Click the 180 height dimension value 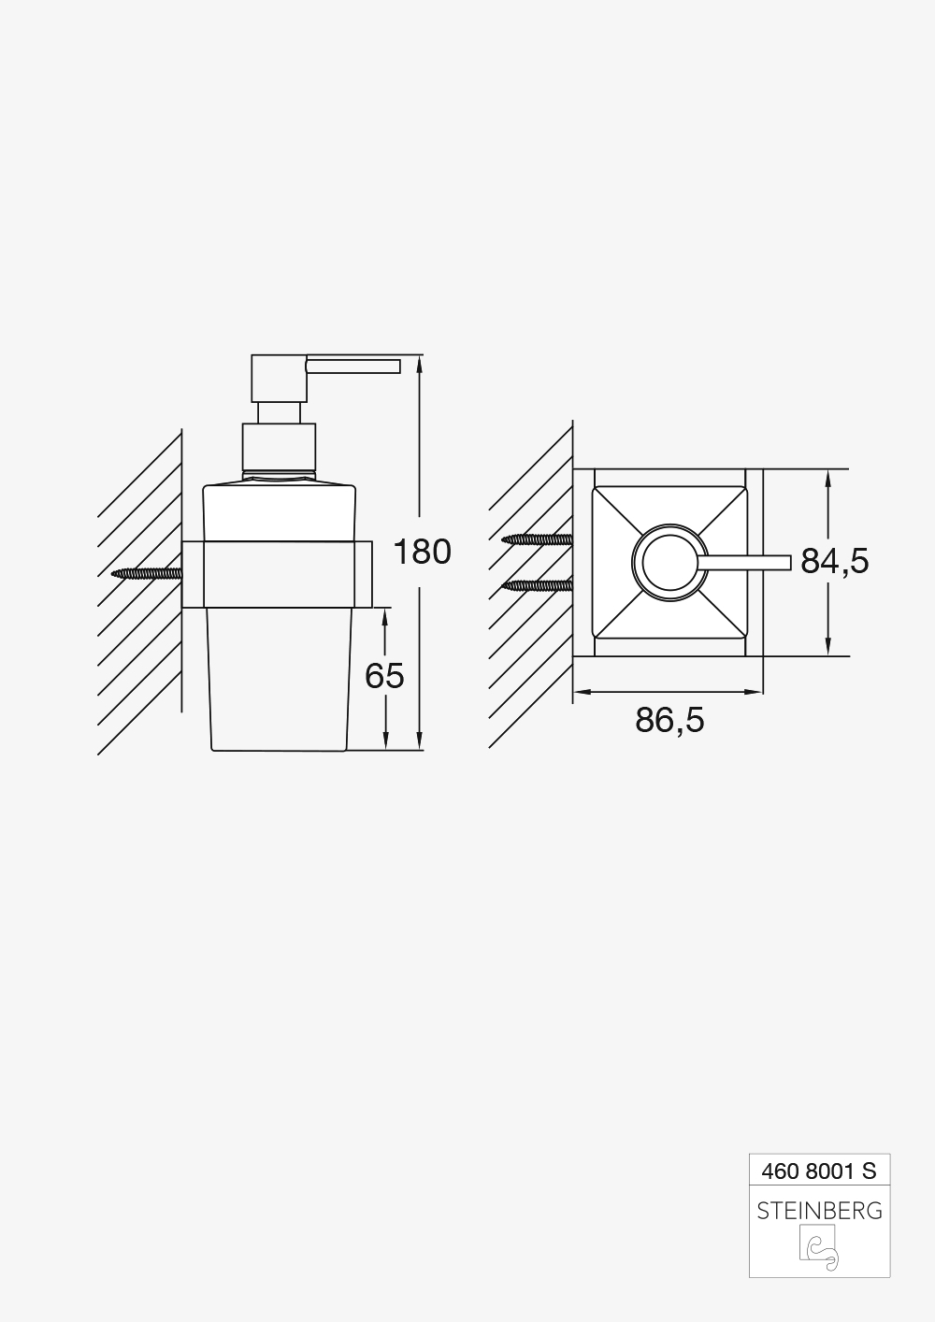click(x=422, y=553)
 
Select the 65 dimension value click(x=384, y=675)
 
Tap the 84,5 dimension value click(x=834, y=561)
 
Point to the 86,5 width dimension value click(x=669, y=720)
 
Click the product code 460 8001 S click(x=819, y=1170)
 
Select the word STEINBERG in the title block click(x=819, y=1211)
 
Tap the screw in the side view click(x=146, y=573)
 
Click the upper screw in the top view click(x=537, y=539)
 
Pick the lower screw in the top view click(x=537, y=585)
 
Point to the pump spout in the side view click(x=353, y=365)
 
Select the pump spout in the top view click(x=748, y=562)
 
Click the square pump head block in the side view click(x=278, y=379)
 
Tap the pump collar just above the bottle click(x=280, y=447)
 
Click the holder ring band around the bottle click(x=278, y=574)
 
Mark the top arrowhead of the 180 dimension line click(x=419, y=363)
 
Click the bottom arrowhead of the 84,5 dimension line click(x=827, y=648)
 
